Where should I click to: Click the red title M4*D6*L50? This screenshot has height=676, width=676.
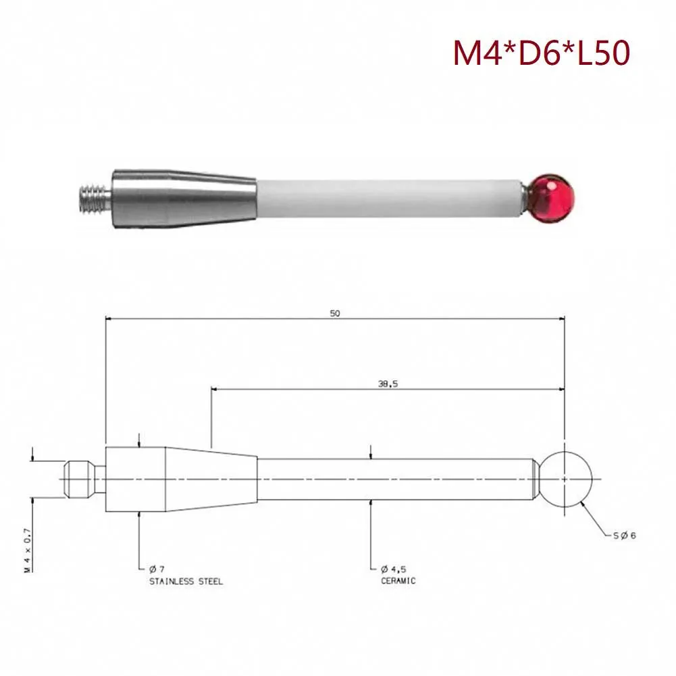tap(542, 53)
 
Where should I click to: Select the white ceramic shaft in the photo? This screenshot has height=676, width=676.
tap(388, 198)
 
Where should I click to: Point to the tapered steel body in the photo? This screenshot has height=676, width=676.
tap(182, 197)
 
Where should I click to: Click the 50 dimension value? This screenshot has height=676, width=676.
tap(335, 313)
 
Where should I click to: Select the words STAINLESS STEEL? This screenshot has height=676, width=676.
tap(185, 581)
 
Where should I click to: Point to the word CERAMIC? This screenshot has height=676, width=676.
tap(398, 581)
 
